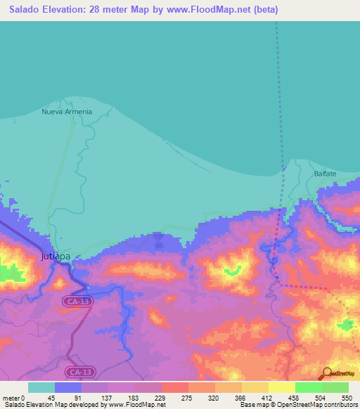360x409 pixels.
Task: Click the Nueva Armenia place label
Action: click(67, 112)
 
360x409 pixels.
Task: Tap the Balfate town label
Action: click(325, 173)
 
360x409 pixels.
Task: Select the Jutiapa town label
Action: click(56, 257)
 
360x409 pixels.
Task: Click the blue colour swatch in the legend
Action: click(68, 388)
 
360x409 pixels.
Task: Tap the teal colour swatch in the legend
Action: click(41, 388)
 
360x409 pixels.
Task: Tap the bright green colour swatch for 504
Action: click(308, 388)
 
